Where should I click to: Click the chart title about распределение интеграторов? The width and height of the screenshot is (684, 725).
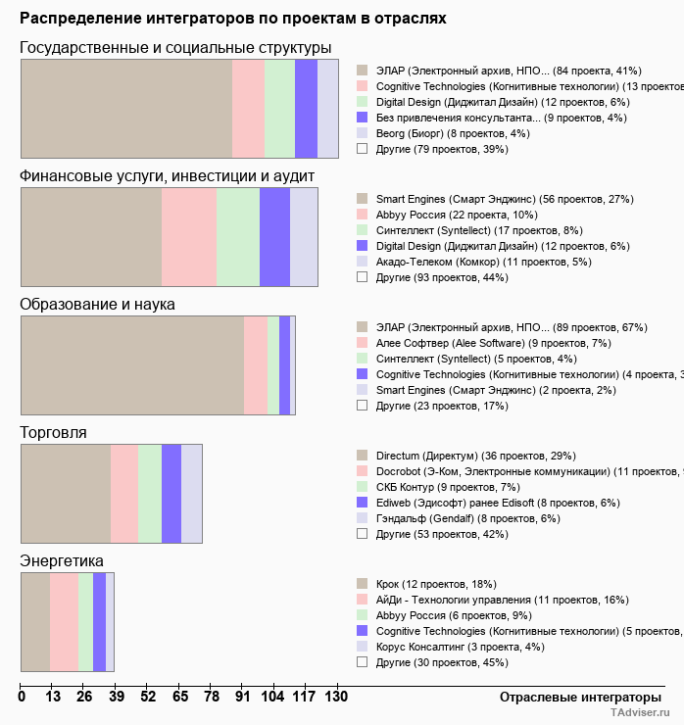pos(233,19)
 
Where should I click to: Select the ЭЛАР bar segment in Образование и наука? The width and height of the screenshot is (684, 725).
pos(132,365)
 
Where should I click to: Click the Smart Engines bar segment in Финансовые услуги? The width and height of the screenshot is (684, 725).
pos(91,237)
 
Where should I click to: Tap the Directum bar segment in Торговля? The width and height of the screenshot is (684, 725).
pos(66,493)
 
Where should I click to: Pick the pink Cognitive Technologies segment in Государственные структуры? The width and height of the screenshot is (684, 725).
pos(248,108)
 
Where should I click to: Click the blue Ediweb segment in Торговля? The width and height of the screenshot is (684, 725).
pos(171,493)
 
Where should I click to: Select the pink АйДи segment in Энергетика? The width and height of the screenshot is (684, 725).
pos(64,622)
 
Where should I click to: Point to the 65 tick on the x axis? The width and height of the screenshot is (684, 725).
pos(180,697)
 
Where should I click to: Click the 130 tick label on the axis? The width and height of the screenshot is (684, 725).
pos(336,697)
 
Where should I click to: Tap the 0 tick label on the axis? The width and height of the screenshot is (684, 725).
pos(22,697)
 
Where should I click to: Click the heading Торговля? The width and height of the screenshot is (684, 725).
pos(53,432)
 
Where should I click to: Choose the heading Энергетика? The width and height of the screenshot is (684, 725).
pos(62,561)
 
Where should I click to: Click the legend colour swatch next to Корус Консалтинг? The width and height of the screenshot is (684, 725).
pos(362,647)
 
